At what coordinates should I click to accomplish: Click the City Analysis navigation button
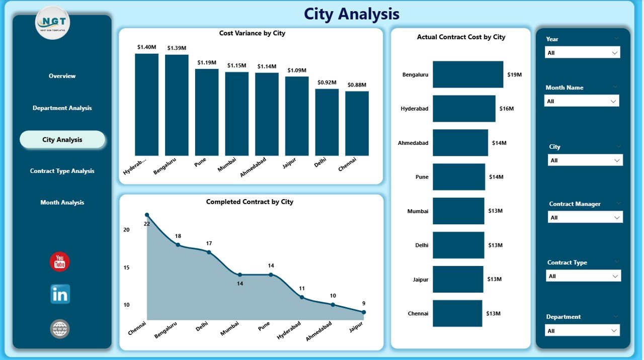tap(62, 140)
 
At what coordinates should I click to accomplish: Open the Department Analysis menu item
tap(62, 108)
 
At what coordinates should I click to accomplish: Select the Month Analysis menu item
tap(62, 203)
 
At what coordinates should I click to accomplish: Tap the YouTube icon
tap(60, 262)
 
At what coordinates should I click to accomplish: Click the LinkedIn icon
tap(60, 295)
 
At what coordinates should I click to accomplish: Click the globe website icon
tap(60, 329)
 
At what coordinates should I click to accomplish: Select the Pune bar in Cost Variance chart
tap(207, 112)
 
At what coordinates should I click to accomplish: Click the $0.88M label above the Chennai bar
tap(357, 85)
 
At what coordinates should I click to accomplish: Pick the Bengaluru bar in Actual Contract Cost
tap(467, 74)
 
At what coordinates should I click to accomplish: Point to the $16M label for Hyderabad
tap(507, 109)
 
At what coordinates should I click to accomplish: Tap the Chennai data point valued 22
tap(147, 215)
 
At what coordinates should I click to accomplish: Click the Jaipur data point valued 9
tap(364, 312)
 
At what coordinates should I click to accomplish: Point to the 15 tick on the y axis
tap(126, 267)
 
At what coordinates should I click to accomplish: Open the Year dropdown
tap(582, 53)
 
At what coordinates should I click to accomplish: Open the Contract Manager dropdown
tap(585, 218)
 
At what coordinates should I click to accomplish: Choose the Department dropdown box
tap(582, 331)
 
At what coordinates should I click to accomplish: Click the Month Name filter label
tap(564, 87)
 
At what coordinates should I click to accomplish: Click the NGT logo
tap(53, 23)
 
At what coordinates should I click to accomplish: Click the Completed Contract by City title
tap(250, 202)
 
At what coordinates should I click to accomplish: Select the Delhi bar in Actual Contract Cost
tap(458, 245)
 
